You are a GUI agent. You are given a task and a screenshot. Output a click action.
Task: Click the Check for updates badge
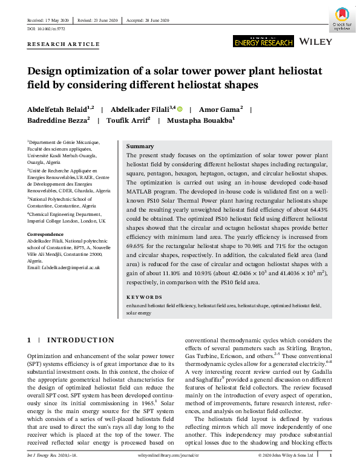pyautogui.click(x=342, y=19)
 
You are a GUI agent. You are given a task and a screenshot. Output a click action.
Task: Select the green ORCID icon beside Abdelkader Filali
pyautogui.click(x=180, y=109)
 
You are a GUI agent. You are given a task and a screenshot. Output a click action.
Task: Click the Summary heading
pyautogui.click(x=140, y=146)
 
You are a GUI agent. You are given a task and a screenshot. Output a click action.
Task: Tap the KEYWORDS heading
pyautogui.click(x=144, y=297)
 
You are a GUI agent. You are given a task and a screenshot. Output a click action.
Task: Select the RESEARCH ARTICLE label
pyautogui.click(x=64, y=44)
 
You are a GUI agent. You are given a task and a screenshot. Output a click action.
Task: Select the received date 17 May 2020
pyautogui.click(x=54, y=20)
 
